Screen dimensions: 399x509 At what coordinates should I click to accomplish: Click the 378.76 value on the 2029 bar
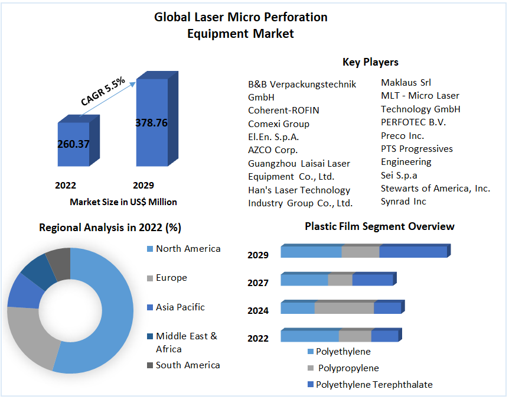pos(151,123)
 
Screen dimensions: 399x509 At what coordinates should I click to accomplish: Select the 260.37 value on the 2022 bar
pos(73,144)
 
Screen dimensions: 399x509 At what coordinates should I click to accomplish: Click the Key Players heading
pos(370,62)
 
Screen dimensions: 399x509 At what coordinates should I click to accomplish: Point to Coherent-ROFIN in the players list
pos(283,110)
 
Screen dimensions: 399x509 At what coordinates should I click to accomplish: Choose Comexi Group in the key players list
pos(278,124)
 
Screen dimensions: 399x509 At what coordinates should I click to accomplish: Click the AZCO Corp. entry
pos(273,150)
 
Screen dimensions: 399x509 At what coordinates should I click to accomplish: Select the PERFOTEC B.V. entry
pos(413,122)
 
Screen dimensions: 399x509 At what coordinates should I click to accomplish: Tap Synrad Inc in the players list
pos(403,202)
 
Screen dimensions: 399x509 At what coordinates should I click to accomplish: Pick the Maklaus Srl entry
pos(406,83)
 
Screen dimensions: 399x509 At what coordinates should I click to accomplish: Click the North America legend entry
pos(188,249)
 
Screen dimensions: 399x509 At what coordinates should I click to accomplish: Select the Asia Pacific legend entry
pos(180,307)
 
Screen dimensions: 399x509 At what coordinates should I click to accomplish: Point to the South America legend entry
pos(187,365)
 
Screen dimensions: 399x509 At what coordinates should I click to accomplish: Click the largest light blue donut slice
pos(109,319)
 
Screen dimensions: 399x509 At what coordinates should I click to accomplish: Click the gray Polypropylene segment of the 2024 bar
pos(344,308)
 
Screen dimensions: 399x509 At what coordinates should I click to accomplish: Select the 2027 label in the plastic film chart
pos(258,283)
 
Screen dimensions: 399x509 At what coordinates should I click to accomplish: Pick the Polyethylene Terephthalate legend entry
pos(374,385)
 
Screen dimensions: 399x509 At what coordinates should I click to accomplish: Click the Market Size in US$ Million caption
pos(123,202)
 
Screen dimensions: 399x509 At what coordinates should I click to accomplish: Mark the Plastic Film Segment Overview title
pos(379,226)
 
